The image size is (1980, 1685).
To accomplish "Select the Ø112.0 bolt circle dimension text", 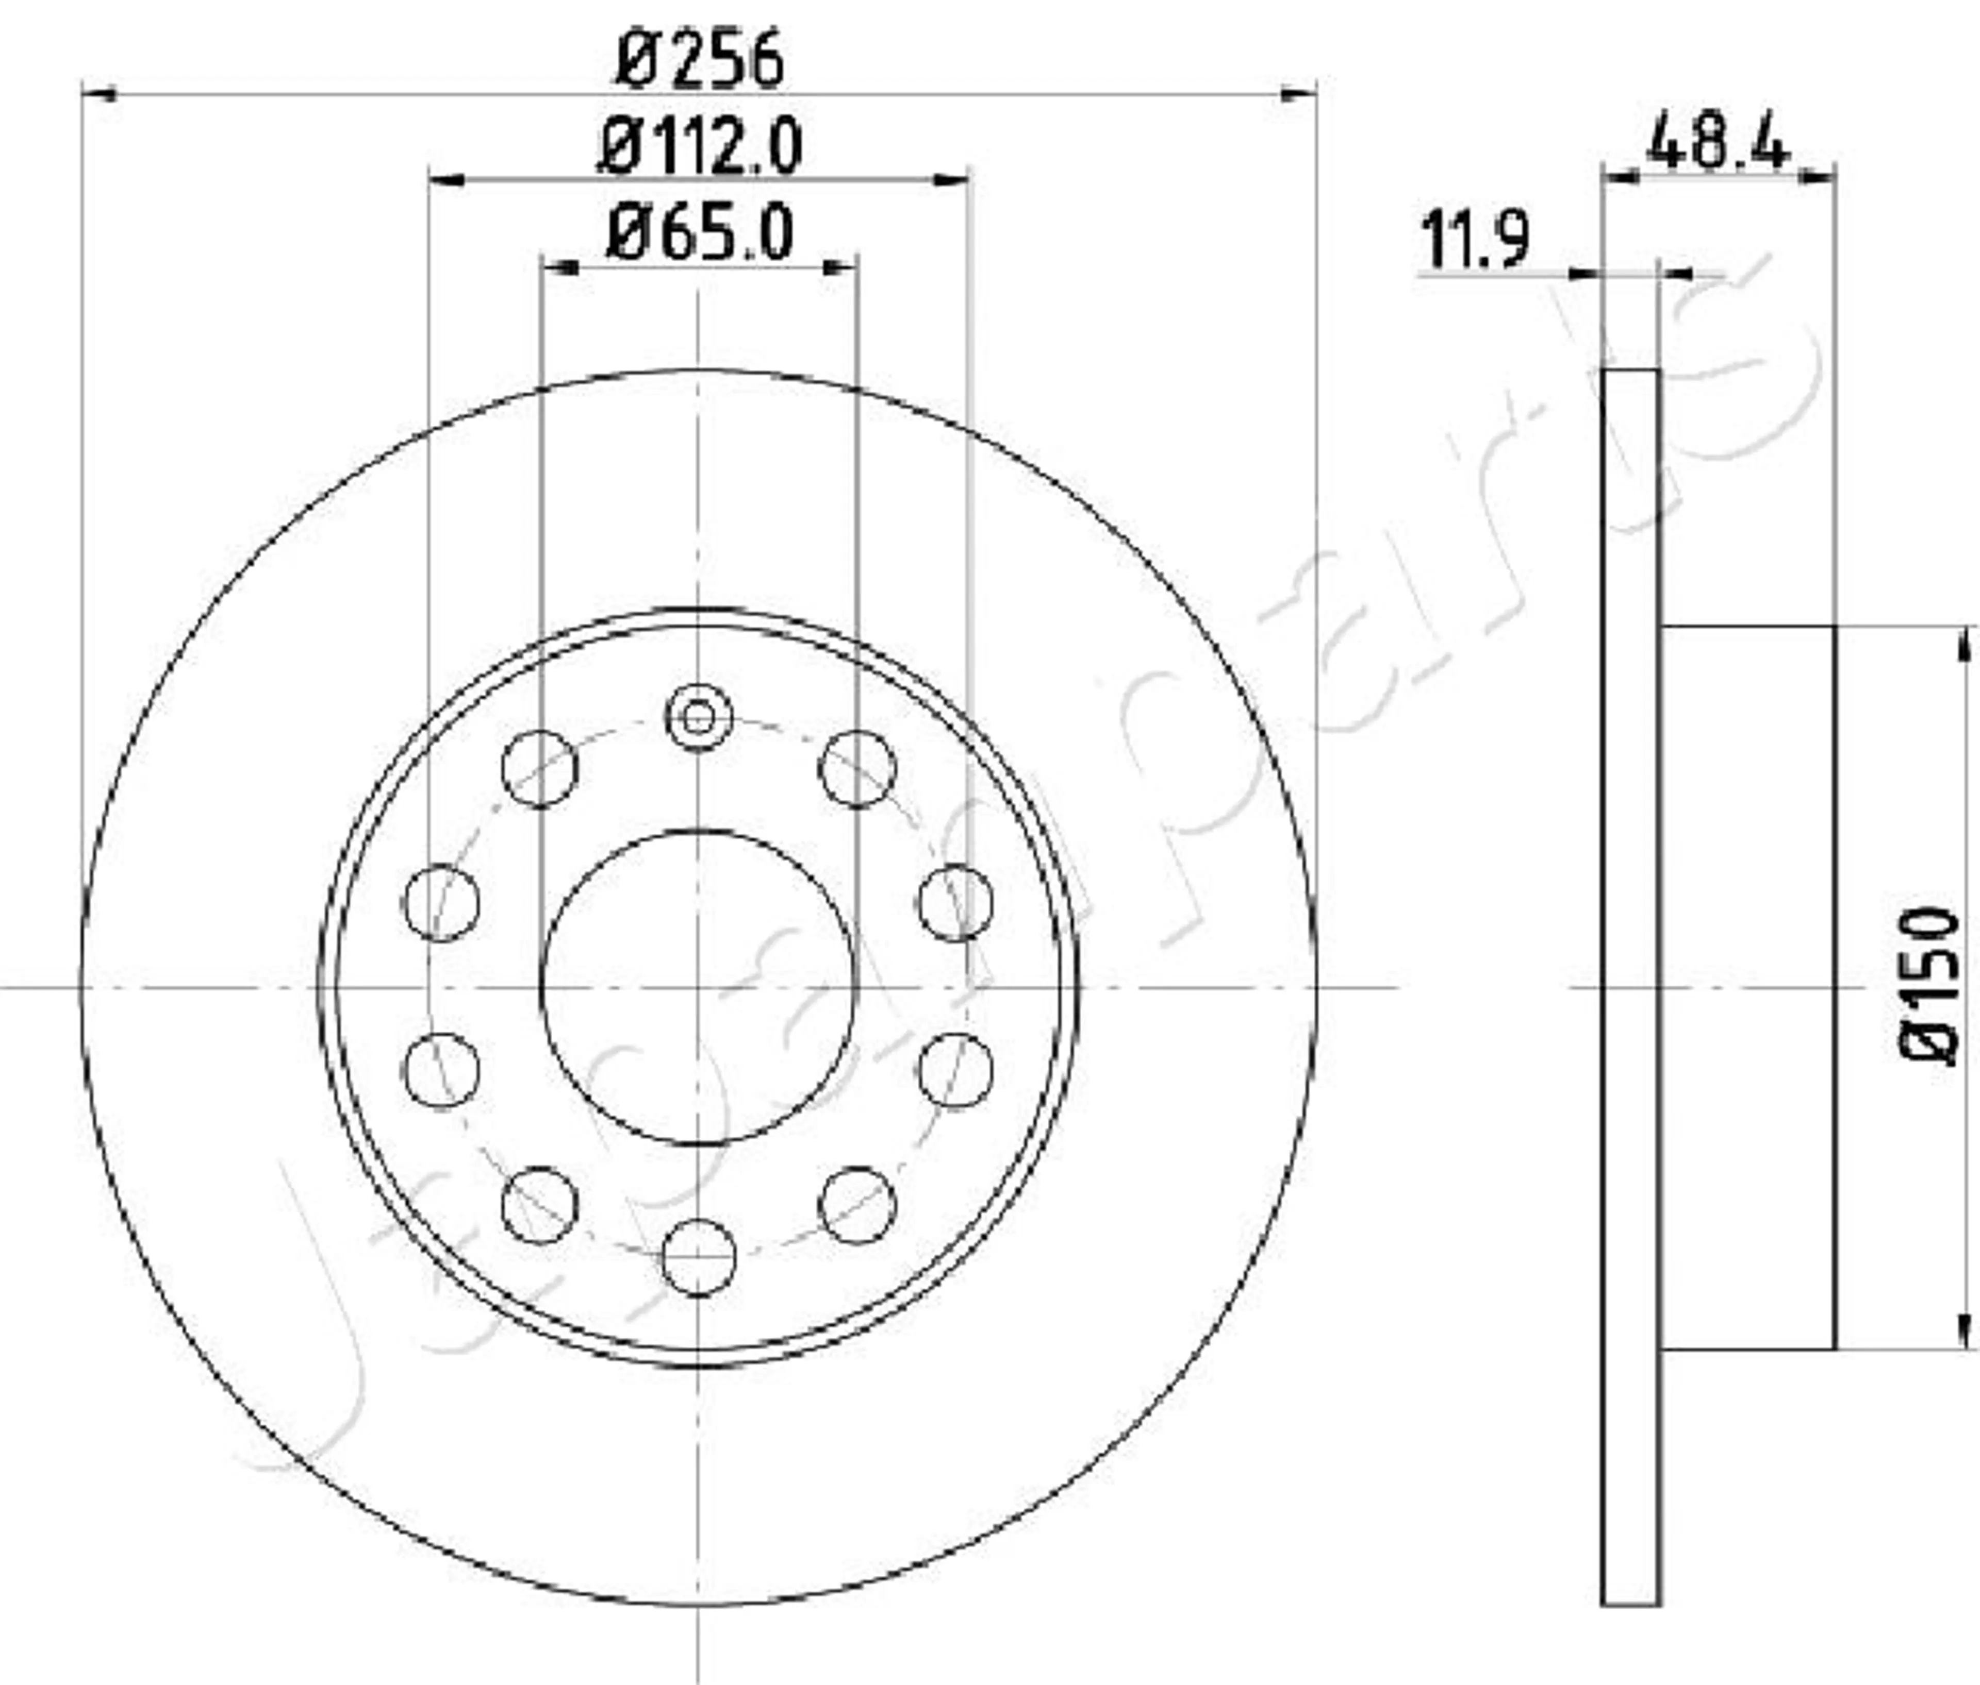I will coord(700,148).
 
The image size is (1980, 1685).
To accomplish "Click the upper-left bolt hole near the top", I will coord(540,769).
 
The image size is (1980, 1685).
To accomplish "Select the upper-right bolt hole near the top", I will coord(857,769).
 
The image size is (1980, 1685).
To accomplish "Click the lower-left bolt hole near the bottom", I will coord(540,1205).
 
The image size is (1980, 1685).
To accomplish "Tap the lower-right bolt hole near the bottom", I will coord(857,1205).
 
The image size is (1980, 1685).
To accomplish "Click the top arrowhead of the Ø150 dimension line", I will coord(1965,645).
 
